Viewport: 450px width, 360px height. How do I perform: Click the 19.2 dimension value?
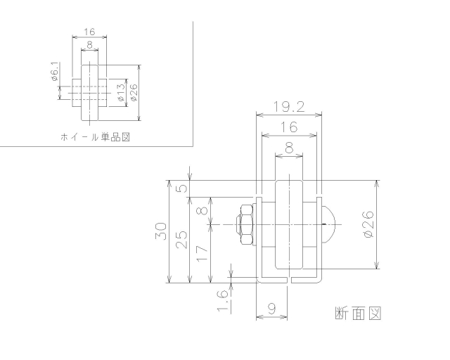coord(289,107)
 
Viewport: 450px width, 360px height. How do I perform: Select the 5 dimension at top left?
coord(181,188)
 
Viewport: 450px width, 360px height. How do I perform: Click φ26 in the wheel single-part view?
coord(134,91)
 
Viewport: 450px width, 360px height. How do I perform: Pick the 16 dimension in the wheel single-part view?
coord(89,32)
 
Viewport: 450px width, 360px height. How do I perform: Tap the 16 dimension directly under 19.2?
coord(288,127)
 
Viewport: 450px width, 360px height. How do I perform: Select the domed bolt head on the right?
coord(329,224)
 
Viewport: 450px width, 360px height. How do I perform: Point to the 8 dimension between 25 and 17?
coord(202,210)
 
